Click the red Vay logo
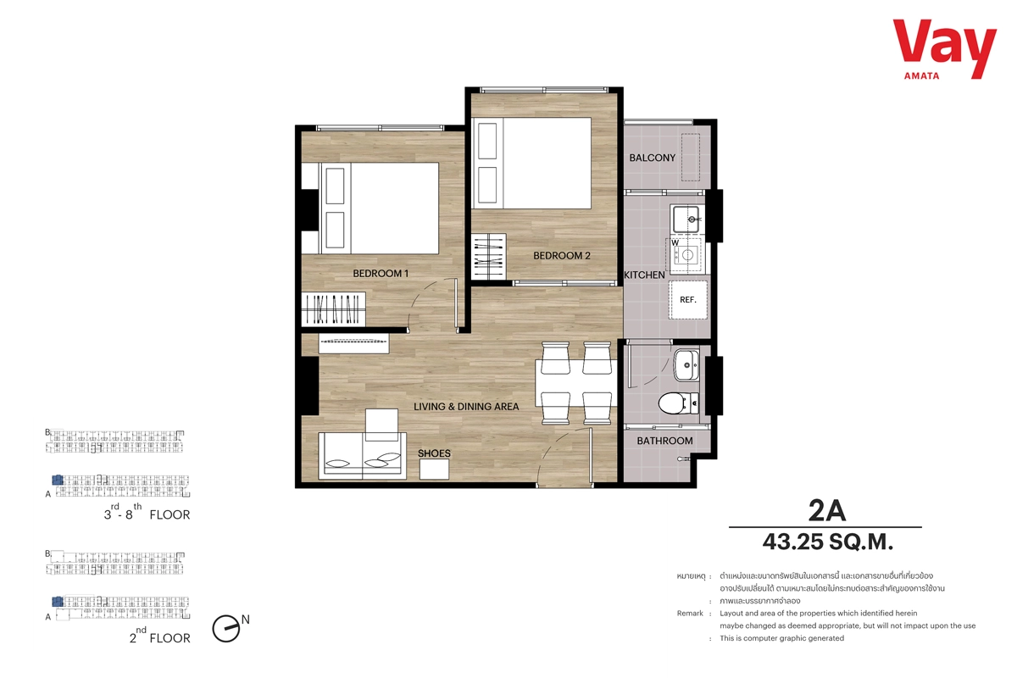pyautogui.click(x=944, y=48)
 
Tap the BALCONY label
pyautogui.click(x=652, y=158)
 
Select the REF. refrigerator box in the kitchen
pyautogui.click(x=687, y=300)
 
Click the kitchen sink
pyautogui.click(x=686, y=220)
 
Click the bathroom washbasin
pyautogui.click(x=686, y=365)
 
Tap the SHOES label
pyautogui.click(x=434, y=453)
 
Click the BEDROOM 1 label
pyautogui.click(x=381, y=274)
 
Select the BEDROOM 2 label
pyautogui.click(x=562, y=256)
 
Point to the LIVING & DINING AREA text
pyautogui.click(x=466, y=407)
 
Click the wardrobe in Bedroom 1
pyautogui.click(x=333, y=308)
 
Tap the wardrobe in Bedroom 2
pyautogui.click(x=489, y=257)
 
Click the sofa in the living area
pyautogui.click(x=363, y=455)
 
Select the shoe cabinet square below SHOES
pyautogui.click(x=434, y=470)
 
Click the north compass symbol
pyautogui.click(x=226, y=629)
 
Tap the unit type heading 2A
pyautogui.click(x=827, y=511)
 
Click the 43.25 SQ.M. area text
pyautogui.click(x=828, y=542)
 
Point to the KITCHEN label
pyautogui.click(x=644, y=275)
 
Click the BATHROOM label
pyautogui.click(x=664, y=441)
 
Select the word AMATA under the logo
pyautogui.click(x=922, y=76)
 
